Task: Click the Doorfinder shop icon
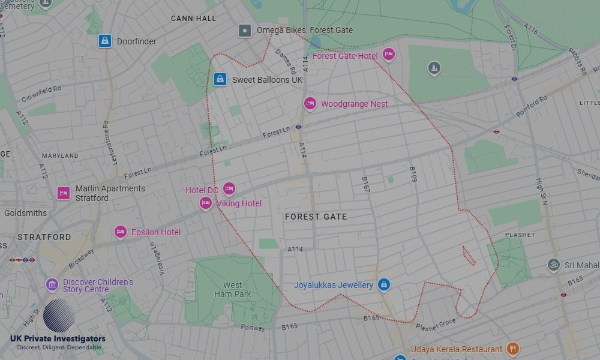tap(105, 41)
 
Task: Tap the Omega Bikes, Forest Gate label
tap(304, 30)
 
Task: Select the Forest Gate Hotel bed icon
tap(389, 55)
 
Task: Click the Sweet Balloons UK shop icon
tap(220, 79)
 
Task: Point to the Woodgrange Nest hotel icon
tap(310, 104)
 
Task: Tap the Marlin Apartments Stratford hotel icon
tap(64, 193)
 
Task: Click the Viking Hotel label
tap(239, 203)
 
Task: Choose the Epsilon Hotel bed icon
tap(121, 232)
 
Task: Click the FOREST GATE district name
tap(316, 217)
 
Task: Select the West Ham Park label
tap(233, 290)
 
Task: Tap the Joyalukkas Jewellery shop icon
tap(384, 285)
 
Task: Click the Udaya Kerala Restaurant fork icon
tap(512, 349)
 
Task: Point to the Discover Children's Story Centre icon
tap(52, 284)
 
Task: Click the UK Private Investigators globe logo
tap(59, 316)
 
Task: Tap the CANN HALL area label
tap(193, 19)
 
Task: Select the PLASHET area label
tap(520, 235)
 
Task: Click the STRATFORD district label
tap(44, 237)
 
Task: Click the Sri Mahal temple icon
tap(553, 265)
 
